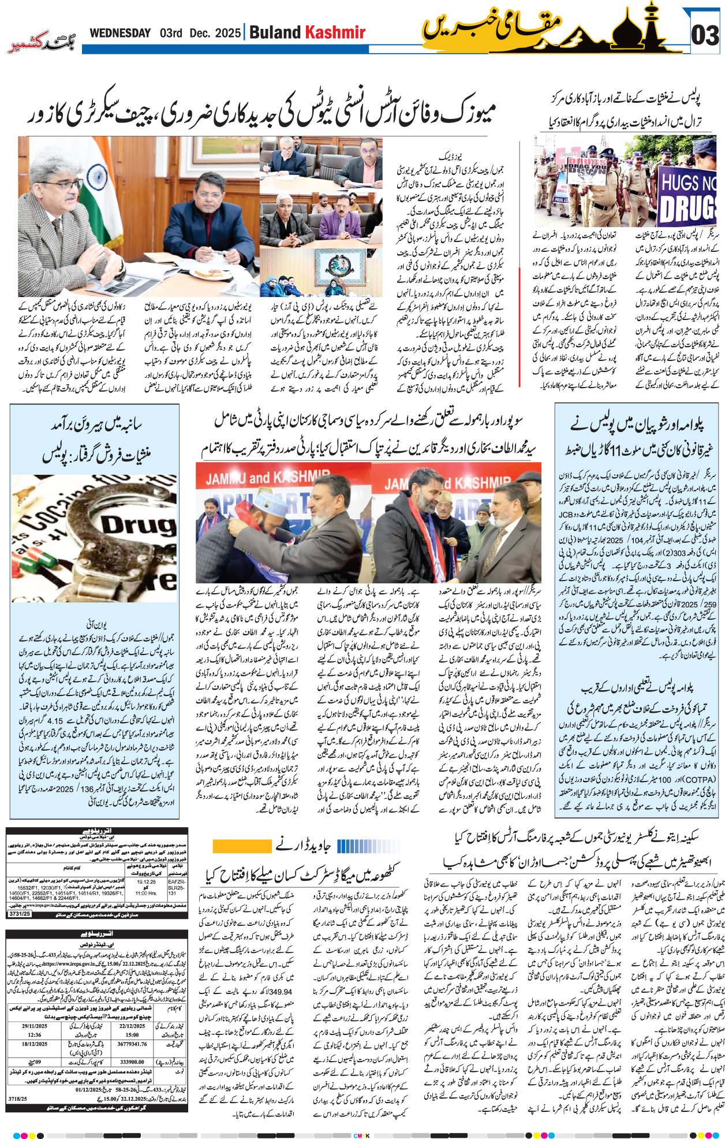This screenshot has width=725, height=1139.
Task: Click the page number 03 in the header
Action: pyautogui.click(x=705, y=36)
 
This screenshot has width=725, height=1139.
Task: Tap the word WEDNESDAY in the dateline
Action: pyautogui.click(x=120, y=33)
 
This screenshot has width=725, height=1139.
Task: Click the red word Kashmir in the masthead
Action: pyautogui.click(x=335, y=32)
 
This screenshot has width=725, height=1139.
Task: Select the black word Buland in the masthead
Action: pyautogui.click(x=275, y=32)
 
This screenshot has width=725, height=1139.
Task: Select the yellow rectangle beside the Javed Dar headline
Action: pyautogui.click(x=234, y=846)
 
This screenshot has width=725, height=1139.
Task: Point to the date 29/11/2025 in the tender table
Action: pyautogui.click(x=35, y=1026)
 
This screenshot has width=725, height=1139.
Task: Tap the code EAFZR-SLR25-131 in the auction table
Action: pyautogui.click(x=177, y=887)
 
